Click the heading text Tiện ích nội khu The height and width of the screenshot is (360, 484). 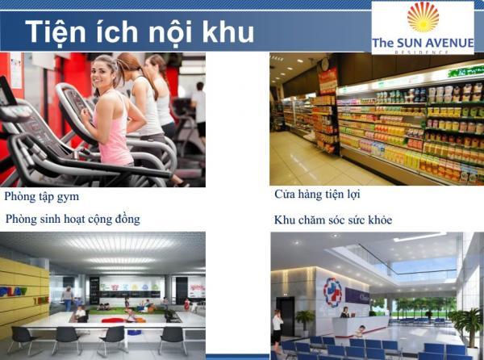pos(140,32)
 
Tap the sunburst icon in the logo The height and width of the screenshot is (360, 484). pos(423,17)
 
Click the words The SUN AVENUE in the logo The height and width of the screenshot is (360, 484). pos(423,43)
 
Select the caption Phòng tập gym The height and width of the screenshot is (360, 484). pos(42,197)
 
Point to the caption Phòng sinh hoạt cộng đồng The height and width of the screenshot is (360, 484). pos(73,220)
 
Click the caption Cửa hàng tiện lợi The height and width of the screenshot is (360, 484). pos(317,195)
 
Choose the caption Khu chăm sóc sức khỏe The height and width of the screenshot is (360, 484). pos(333,220)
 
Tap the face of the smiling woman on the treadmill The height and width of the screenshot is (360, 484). pos(101,73)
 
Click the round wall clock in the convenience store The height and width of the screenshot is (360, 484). pos(324,64)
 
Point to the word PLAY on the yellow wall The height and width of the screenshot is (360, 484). pos(13,291)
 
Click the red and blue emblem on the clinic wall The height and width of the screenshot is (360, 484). pos(332,291)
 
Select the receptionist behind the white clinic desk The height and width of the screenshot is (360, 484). pos(344,312)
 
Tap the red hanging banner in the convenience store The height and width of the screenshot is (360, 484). pos(328,80)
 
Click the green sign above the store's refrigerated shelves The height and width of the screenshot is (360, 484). pos(465,71)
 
